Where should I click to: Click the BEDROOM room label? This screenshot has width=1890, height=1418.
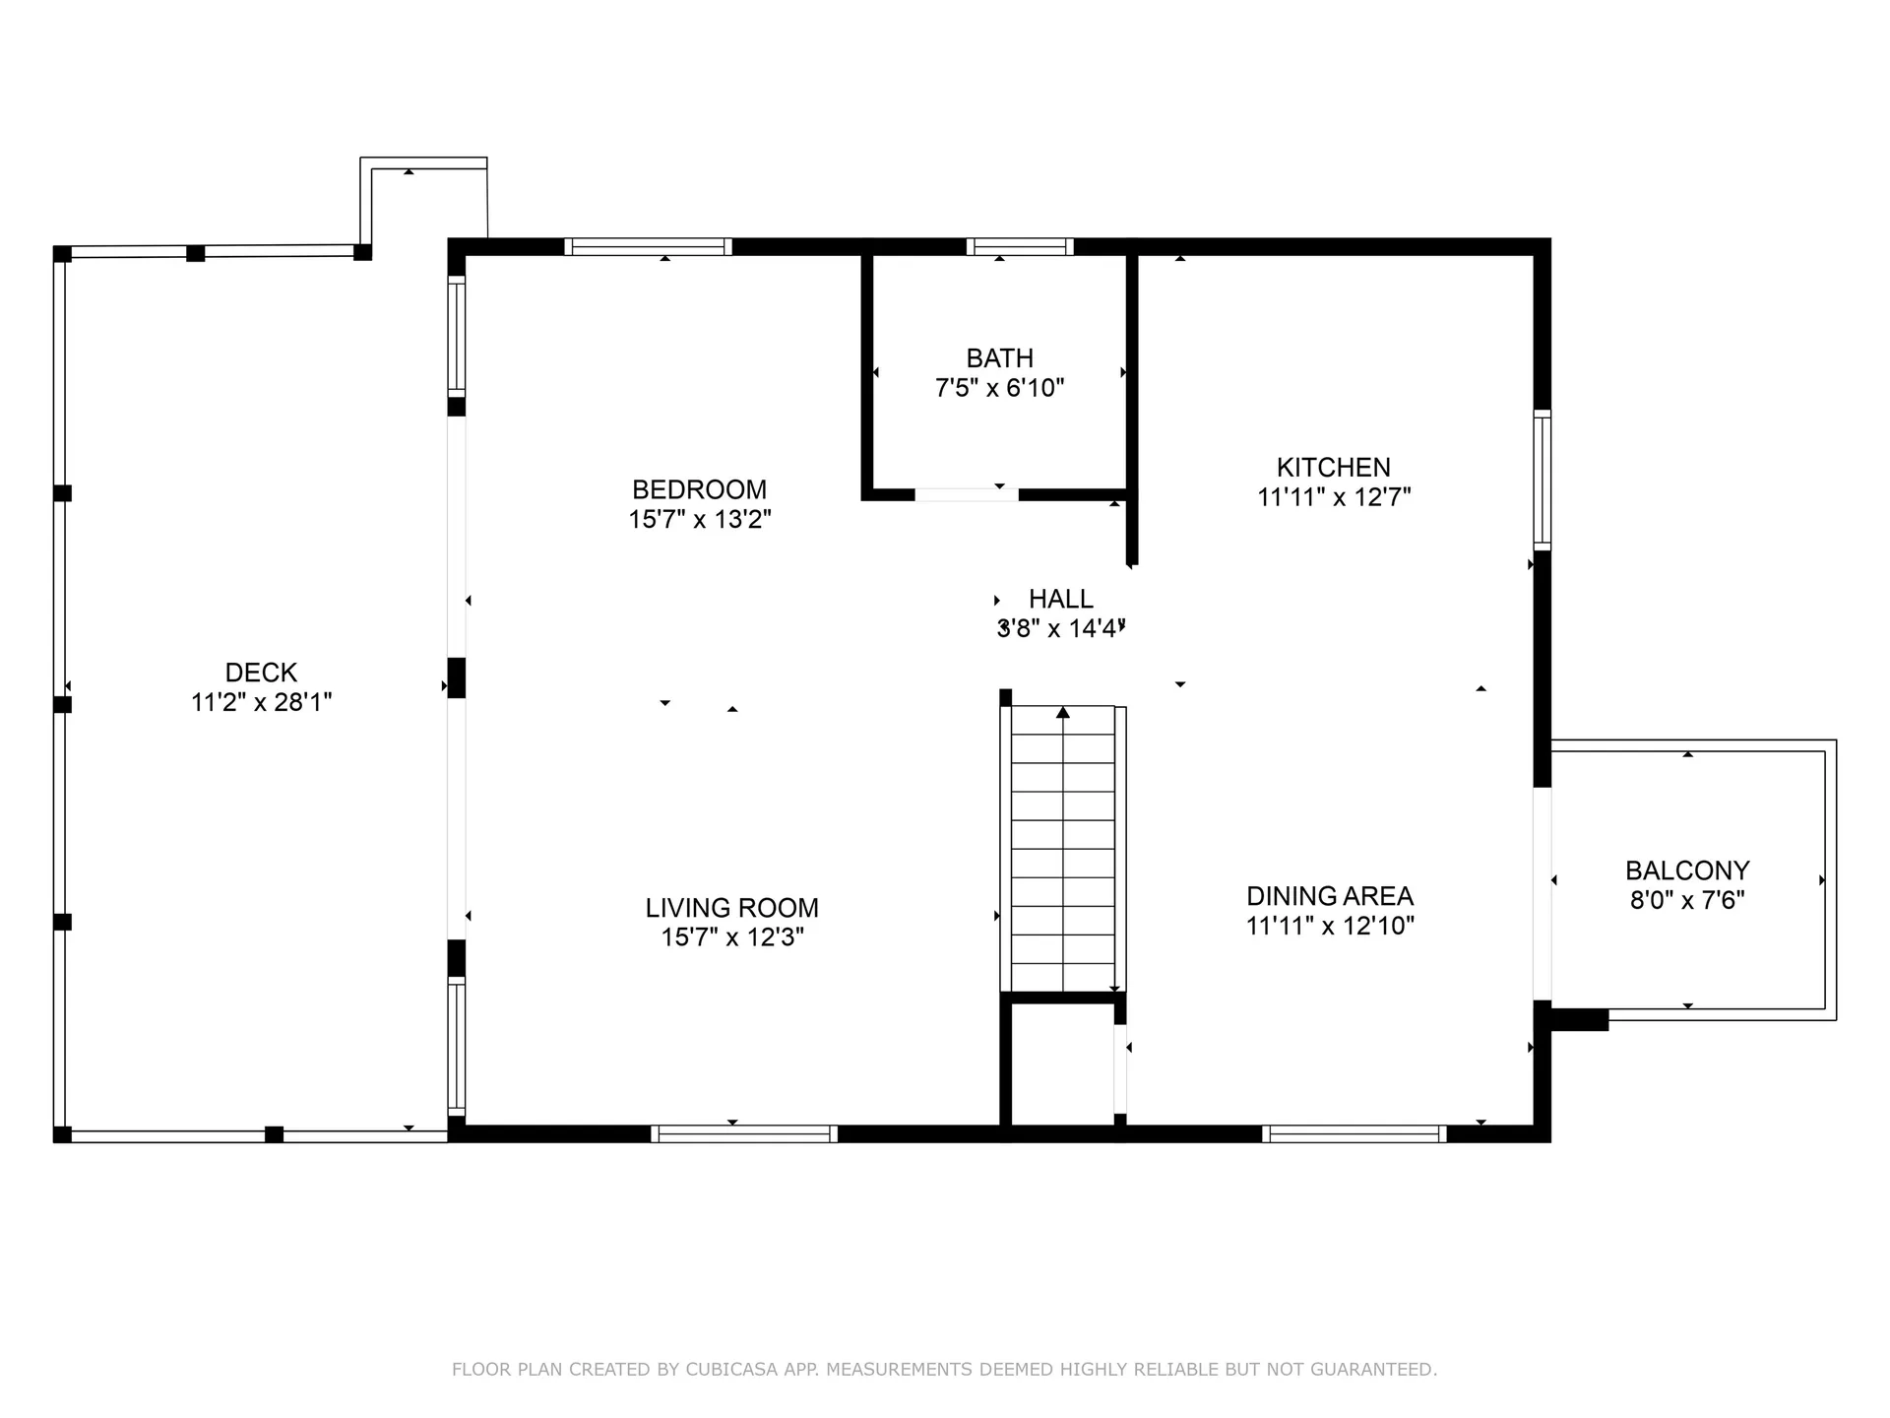coord(699,489)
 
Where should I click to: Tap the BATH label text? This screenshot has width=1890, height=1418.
coord(999,358)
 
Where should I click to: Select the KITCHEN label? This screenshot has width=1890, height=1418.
coord(1334,468)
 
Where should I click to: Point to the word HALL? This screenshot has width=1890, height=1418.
coord(1061,599)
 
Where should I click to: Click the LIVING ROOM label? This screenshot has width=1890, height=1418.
coord(732,908)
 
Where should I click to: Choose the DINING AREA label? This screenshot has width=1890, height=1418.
coord(1330,896)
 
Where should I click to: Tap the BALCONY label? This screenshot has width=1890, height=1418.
coord(1687,870)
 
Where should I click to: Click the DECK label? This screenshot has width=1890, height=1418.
coord(261,673)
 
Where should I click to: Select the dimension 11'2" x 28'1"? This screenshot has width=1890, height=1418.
coord(261,702)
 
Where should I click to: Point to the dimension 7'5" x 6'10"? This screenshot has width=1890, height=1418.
coord(999,388)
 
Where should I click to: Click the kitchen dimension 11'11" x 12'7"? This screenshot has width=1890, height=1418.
coord(1334,497)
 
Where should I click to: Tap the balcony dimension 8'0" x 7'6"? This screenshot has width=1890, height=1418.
coord(1687,900)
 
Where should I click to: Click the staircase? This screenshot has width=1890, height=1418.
coord(1063,849)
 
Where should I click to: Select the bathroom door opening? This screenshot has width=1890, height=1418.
coord(967,494)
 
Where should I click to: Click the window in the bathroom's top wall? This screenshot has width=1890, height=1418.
coord(1019,246)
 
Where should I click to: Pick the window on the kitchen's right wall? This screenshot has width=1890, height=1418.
coord(1543,480)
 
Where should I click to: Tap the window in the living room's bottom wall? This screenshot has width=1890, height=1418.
coord(744,1133)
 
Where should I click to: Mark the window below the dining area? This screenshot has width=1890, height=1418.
coord(1354,1133)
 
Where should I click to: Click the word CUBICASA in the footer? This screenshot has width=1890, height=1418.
coord(731,1370)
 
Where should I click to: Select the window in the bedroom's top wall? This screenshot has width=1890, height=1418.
coord(648,246)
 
